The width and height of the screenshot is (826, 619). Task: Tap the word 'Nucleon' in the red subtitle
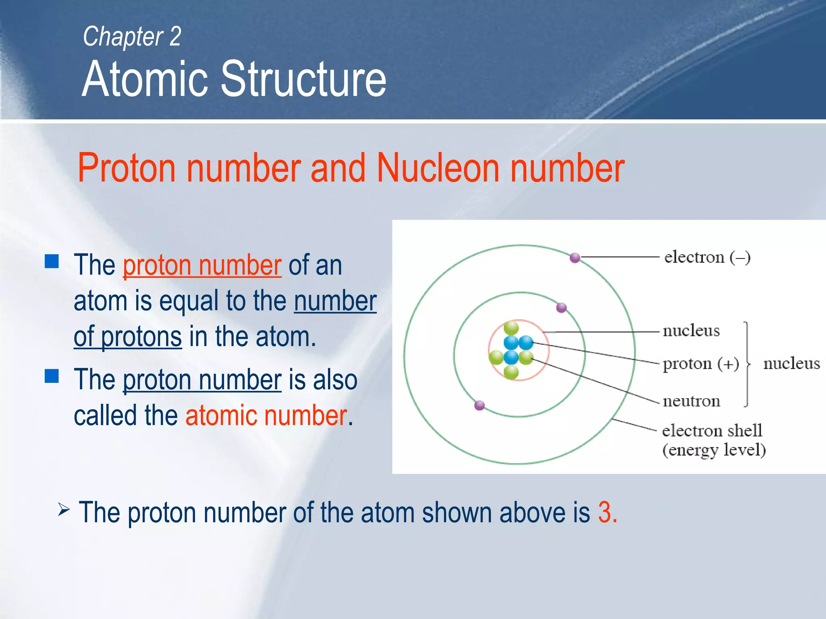(x=438, y=168)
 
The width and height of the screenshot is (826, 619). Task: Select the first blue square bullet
(x=52, y=261)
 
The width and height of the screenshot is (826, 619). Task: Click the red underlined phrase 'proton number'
(x=202, y=266)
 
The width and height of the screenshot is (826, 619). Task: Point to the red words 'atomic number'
(x=266, y=416)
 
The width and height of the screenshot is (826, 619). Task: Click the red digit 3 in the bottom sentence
(x=604, y=513)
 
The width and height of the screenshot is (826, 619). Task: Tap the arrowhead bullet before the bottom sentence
(x=64, y=510)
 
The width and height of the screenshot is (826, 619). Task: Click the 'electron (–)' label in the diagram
(x=707, y=257)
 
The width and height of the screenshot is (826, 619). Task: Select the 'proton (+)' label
(x=701, y=364)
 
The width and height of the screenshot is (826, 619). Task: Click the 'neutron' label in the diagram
(x=691, y=401)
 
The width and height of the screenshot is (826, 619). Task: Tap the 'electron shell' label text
(x=712, y=430)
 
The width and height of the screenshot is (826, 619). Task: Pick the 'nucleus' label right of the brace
(x=791, y=364)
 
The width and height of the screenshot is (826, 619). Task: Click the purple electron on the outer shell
(x=575, y=258)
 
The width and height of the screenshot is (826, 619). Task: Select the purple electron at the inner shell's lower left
(x=479, y=405)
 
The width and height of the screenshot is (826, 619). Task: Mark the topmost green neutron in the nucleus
(x=511, y=328)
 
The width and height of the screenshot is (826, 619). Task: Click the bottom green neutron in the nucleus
(x=511, y=372)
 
